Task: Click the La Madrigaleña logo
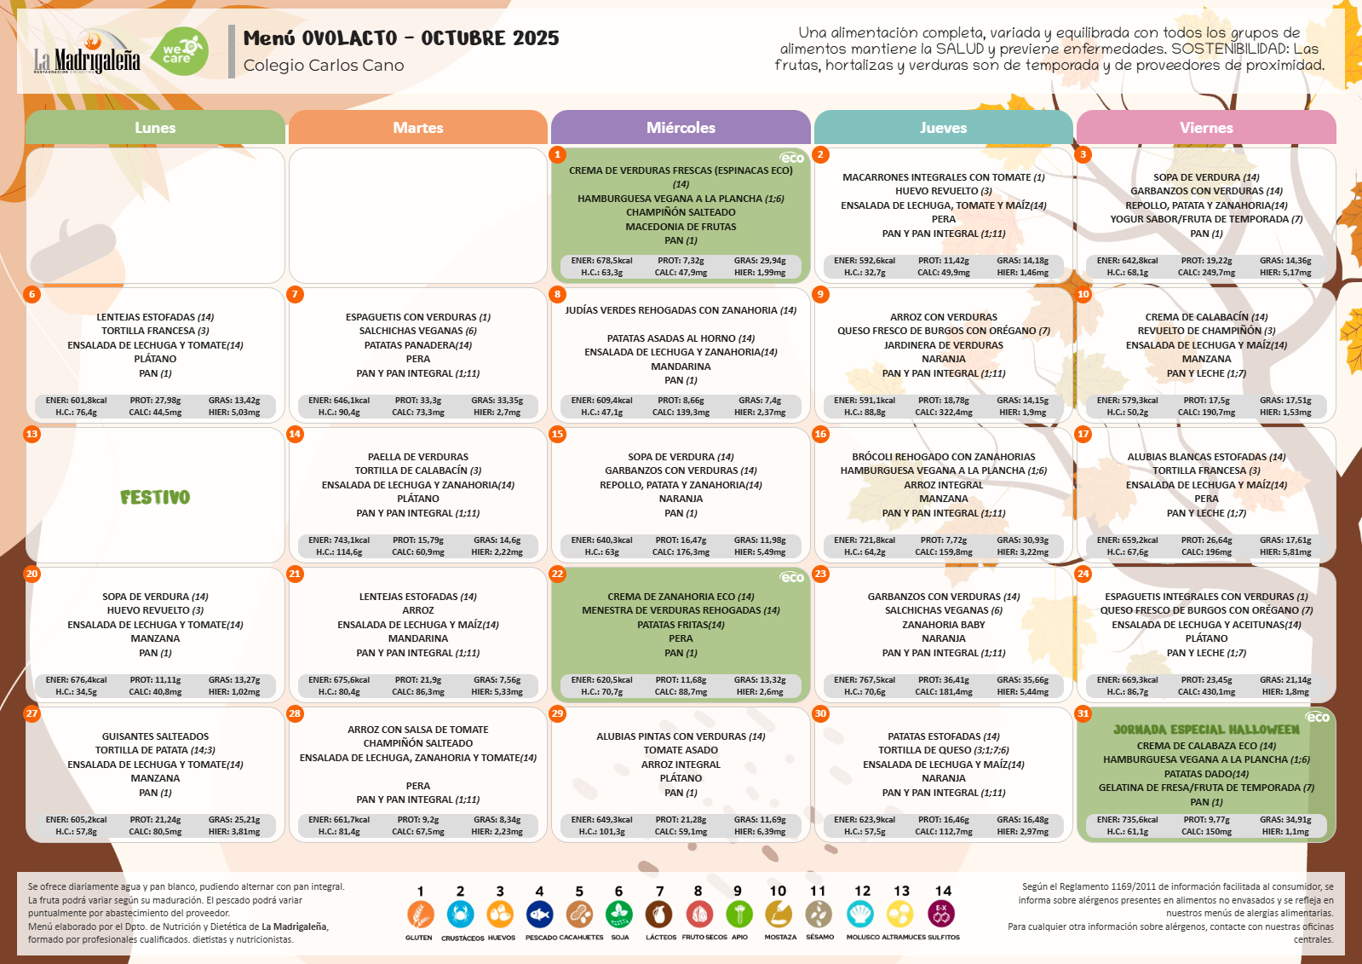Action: [87, 54]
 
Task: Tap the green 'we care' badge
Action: [179, 52]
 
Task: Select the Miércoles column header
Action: [681, 127]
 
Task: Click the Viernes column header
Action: [1206, 127]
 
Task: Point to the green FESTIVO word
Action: [155, 497]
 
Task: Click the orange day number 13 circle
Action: [32, 434]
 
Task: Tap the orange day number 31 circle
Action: [1083, 713]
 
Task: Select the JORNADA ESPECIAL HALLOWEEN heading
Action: [1206, 730]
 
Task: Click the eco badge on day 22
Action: [791, 577]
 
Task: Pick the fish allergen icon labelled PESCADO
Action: [539, 914]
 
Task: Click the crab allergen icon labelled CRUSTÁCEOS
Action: [460, 914]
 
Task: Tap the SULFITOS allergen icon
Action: [941, 914]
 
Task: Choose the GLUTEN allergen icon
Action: [420, 914]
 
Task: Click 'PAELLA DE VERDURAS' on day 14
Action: [417, 457]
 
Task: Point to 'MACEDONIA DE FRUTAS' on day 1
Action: [681, 227]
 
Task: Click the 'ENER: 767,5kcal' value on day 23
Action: [864, 680]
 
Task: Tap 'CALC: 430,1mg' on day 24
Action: [1206, 692]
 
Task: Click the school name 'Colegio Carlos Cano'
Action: [324, 65]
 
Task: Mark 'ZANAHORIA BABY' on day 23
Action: [943, 625]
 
